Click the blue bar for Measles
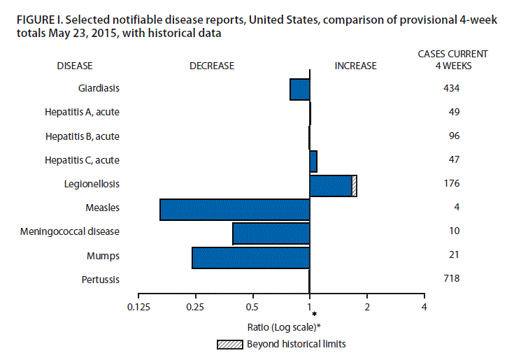(x=234, y=210)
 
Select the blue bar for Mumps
(x=250, y=257)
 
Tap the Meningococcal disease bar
(x=271, y=233)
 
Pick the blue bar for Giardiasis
(x=299, y=89)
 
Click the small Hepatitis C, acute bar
(x=313, y=161)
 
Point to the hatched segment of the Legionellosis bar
(x=354, y=186)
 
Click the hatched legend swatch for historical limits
(x=230, y=344)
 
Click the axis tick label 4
(x=424, y=306)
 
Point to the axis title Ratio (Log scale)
(x=283, y=326)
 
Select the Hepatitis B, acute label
(x=82, y=136)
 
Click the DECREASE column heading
(x=211, y=66)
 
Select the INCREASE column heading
(x=355, y=66)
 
